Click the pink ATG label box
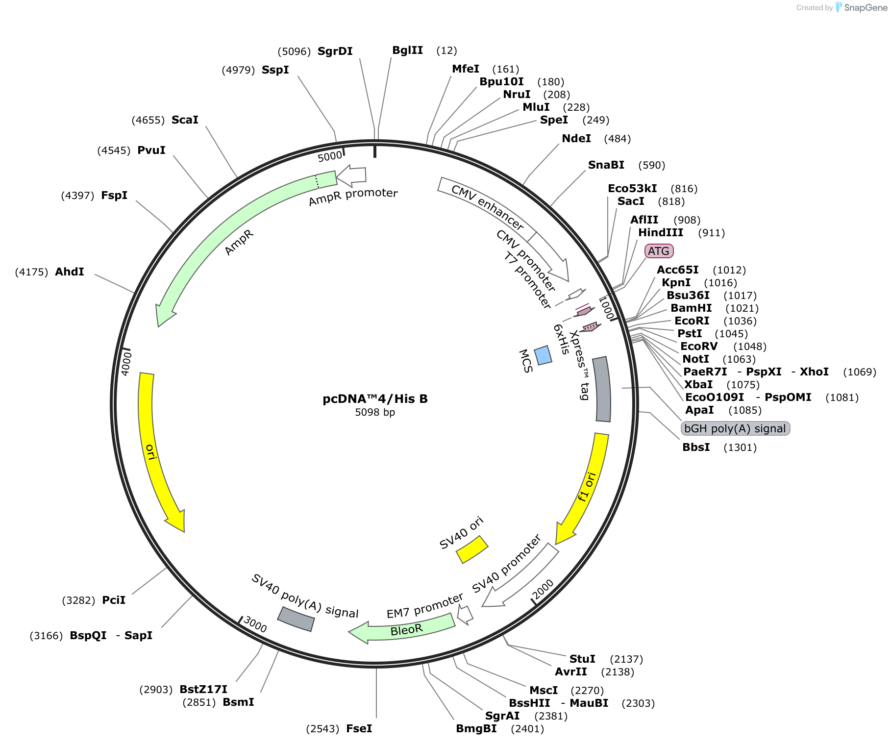pos(659,251)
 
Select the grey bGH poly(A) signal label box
pos(735,428)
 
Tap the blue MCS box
pos(543,355)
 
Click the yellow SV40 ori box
pos(472,549)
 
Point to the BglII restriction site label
pos(408,50)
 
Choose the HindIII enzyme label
pos(661,232)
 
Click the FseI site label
pos(359,728)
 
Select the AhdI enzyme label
pos(70,272)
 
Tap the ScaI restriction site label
pos(185,120)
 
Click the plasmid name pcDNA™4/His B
pos(375,398)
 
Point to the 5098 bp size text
pos(375,412)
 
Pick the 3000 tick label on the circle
pos(255,624)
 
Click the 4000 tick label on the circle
pos(126,363)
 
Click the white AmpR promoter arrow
pos(351,175)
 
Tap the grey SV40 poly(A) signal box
pos(296,619)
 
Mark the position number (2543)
pos(322,729)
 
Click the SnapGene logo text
pos(866,7)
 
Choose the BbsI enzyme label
pos(696,447)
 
